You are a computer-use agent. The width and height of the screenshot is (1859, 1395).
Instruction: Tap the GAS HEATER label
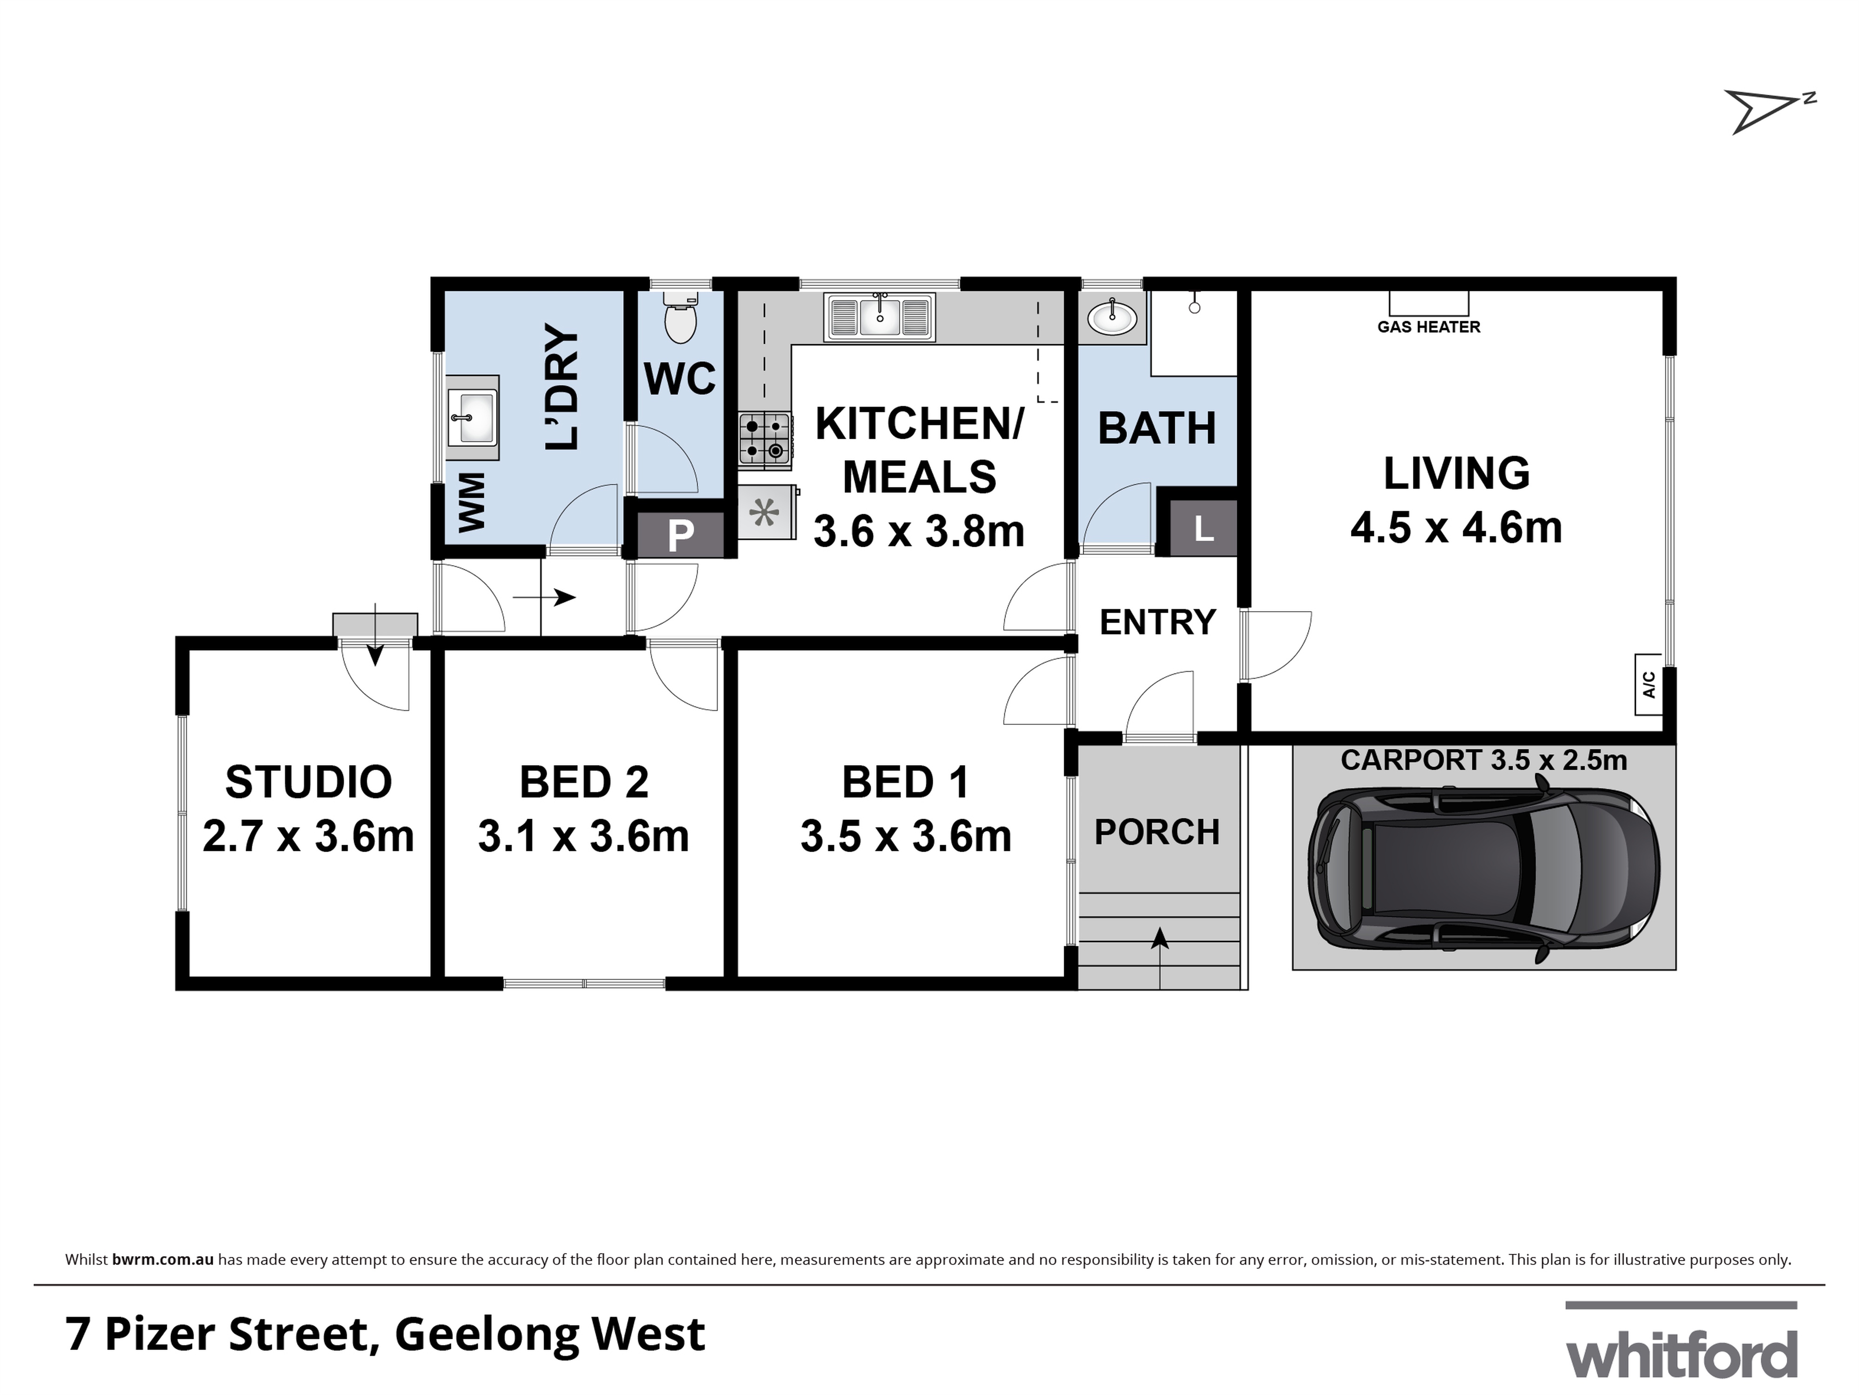point(1429,327)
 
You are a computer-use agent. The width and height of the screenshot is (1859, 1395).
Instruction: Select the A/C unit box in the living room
point(1648,684)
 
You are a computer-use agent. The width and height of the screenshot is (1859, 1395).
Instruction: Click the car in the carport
point(1483,874)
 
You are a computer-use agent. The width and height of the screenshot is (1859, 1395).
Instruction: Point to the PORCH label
point(1156,832)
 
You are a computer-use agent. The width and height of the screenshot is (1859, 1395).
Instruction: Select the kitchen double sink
point(880,317)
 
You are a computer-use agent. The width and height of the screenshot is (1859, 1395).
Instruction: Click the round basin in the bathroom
point(1112,318)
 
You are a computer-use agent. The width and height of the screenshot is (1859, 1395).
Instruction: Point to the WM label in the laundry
point(472,502)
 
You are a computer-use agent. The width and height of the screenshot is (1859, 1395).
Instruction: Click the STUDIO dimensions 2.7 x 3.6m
point(309,837)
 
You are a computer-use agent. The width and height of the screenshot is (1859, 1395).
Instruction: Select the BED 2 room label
point(584,782)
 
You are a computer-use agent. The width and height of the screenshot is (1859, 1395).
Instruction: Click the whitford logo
point(1681,1354)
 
